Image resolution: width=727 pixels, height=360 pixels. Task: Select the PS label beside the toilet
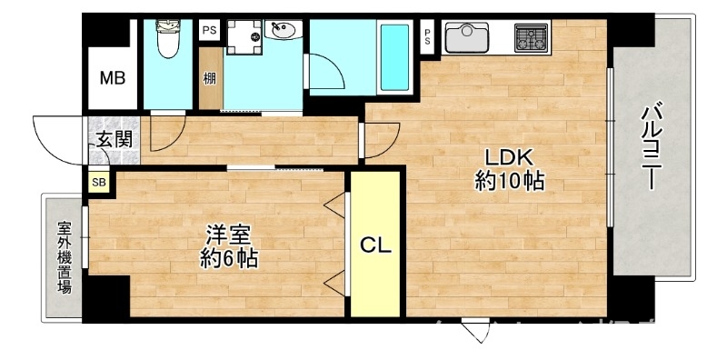[x=209, y=30]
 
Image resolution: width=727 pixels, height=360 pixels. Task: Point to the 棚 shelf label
[x=210, y=77]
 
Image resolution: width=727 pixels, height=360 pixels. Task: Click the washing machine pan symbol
[x=244, y=36]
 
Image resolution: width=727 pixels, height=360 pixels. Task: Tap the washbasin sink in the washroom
[x=284, y=33]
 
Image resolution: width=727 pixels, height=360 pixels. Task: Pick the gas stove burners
[x=531, y=37]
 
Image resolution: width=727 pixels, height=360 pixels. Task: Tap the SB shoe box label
[x=97, y=182]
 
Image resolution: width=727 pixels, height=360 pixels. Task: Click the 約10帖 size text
[x=509, y=182]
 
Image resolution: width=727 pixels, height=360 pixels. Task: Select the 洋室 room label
[x=227, y=234]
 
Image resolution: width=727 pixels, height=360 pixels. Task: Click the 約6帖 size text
[x=228, y=259]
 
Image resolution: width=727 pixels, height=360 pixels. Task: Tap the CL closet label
[x=375, y=245]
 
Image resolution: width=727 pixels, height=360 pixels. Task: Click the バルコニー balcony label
[x=651, y=145]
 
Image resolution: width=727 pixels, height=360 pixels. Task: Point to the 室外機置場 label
[x=64, y=259]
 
